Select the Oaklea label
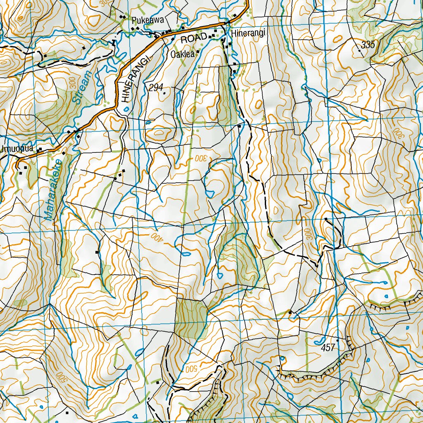point(182,54)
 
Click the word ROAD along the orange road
point(194,38)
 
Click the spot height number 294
point(156,87)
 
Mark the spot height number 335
point(368,45)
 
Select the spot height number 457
point(328,348)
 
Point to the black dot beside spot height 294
point(164,93)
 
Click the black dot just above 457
point(337,341)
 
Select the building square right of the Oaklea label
point(198,52)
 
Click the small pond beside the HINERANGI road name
point(126,109)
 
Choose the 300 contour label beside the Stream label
point(73,84)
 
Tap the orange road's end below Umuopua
point(18,166)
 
